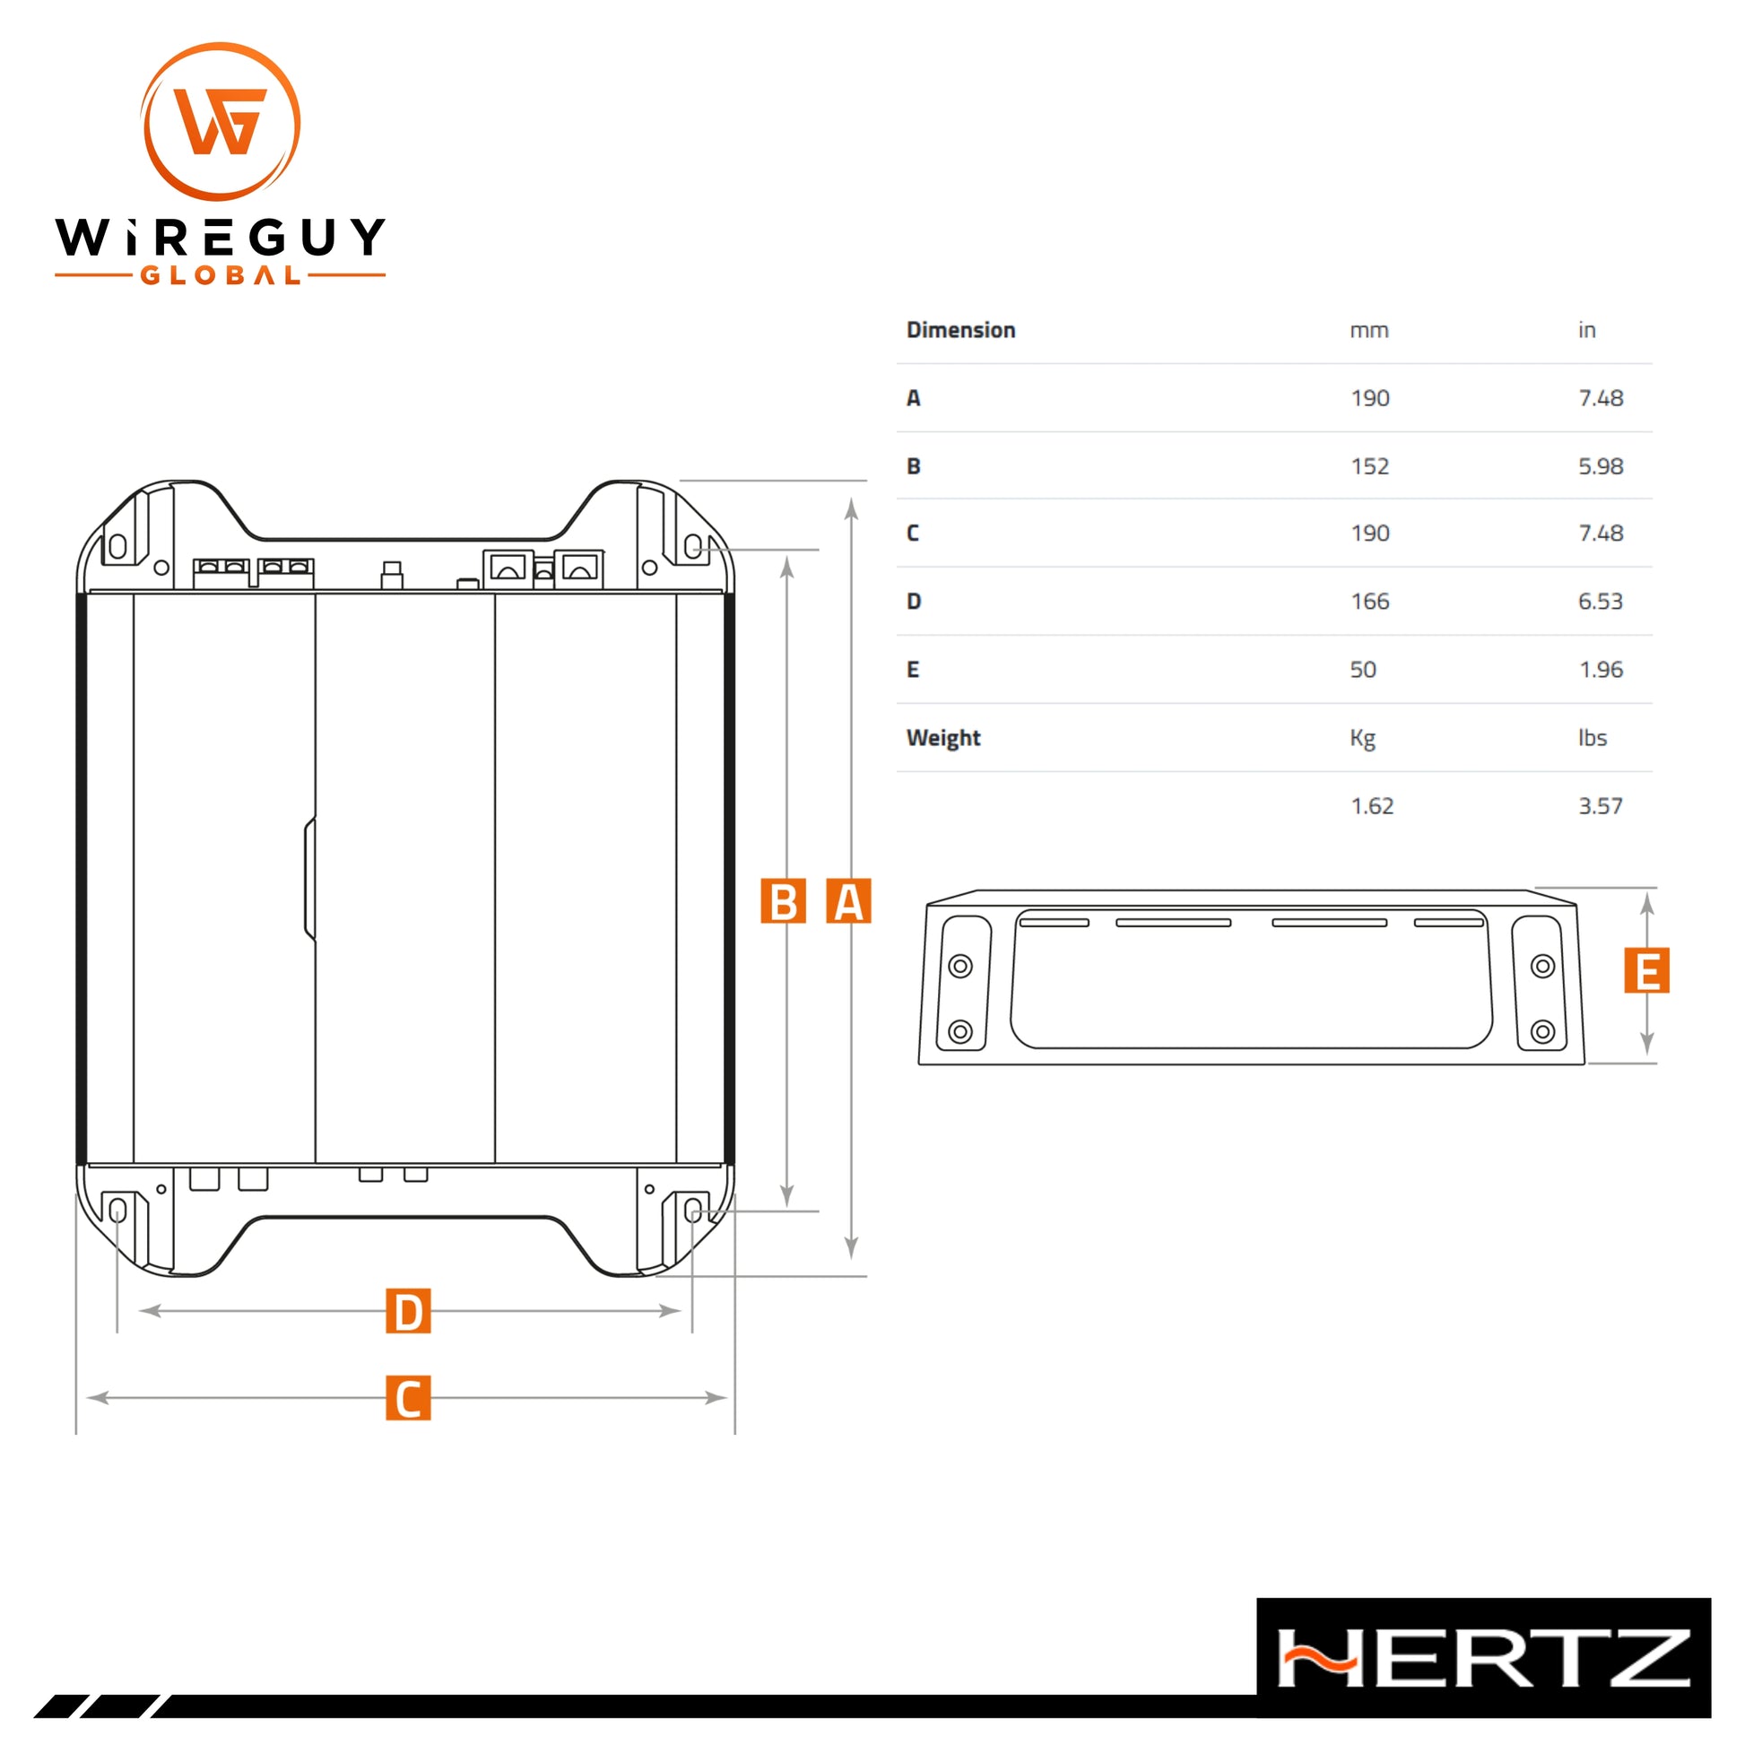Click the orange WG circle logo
[x=221, y=121]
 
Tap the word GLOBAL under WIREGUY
[x=221, y=274]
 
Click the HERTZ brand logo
[x=1483, y=1658]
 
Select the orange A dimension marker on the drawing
[x=848, y=901]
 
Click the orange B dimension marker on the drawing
[x=782, y=901]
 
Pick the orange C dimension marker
[x=408, y=1398]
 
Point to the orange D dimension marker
[x=408, y=1312]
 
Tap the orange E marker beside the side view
[x=1646, y=970]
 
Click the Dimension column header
[x=961, y=331]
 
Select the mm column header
[x=1369, y=332]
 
